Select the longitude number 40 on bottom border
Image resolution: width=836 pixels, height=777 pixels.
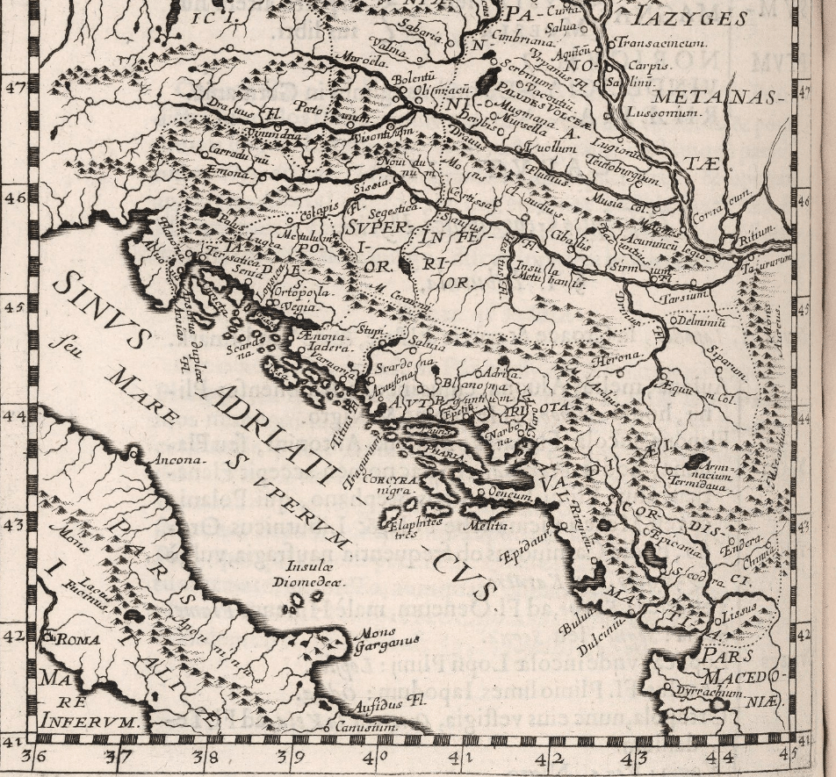click(373, 756)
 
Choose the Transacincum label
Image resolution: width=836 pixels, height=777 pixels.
click(657, 43)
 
